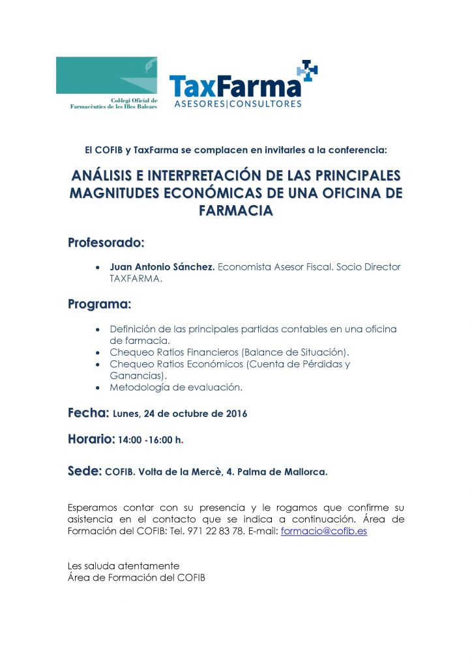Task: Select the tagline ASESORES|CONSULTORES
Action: point(237,104)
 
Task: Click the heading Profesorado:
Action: point(106,243)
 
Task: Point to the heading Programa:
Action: point(100,304)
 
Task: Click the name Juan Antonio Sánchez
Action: point(162,268)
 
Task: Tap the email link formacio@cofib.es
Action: point(323,532)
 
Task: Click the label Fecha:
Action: point(88,412)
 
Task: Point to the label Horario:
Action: point(91,440)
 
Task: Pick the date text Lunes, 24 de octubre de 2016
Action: point(180,414)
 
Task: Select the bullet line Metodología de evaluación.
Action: point(176,388)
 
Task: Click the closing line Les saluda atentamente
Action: point(123,565)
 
